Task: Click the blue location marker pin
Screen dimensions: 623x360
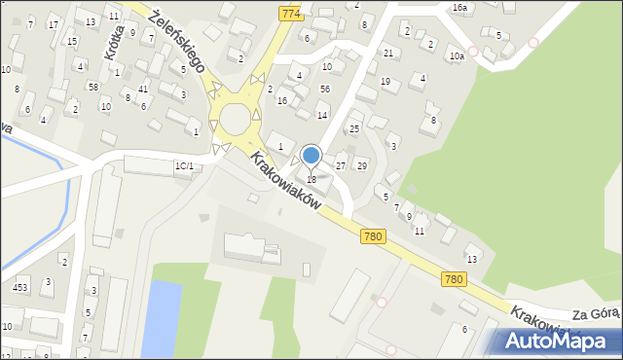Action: pyautogui.click(x=311, y=156)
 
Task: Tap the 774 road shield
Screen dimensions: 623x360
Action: pyautogui.click(x=290, y=14)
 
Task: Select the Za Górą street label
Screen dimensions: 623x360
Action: pyautogui.click(x=596, y=314)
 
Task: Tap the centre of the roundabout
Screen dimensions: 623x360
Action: pyautogui.click(x=236, y=120)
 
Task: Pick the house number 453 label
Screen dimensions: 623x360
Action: pyautogui.click(x=19, y=287)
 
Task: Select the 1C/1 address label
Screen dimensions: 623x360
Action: pyautogui.click(x=184, y=166)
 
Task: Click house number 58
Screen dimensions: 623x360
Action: pyautogui.click(x=92, y=88)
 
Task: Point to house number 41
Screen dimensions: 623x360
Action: pyautogui.click(x=143, y=90)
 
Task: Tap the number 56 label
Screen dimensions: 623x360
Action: pyautogui.click(x=325, y=89)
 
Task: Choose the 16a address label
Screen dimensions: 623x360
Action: pyautogui.click(x=459, y=7)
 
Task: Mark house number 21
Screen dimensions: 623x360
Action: pyautogui.click(x=388, y=53)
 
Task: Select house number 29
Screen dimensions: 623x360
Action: pyautogui.click(x=361, y=166)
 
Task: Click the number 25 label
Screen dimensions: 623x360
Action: pyautogui.click(x=354, y=128)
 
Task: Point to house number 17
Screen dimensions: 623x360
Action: pyautogui.click(x=53, y=24)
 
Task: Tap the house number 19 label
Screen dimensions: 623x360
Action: pyautogui.click(x=385, y=83)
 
